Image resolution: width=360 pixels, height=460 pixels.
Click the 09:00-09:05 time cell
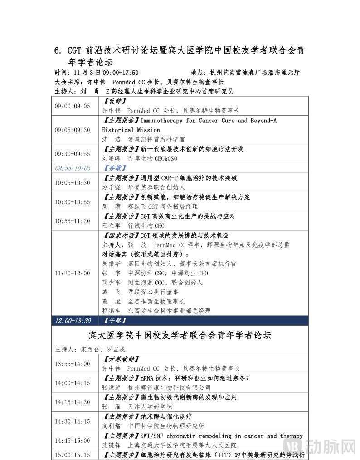click(x=72, y=106)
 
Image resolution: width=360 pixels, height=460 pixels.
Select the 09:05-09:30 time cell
click(x=72, y=130)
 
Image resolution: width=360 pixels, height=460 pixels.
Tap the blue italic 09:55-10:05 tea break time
click(x=73, y=168)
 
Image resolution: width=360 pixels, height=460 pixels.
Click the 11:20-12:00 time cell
click(x=72, y=274)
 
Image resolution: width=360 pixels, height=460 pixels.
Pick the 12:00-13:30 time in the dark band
click(x=73, y=321)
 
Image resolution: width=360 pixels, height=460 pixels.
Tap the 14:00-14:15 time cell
click(x=72, y=383)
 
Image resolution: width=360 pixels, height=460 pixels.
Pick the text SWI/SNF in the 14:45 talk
click(x=155, y=436)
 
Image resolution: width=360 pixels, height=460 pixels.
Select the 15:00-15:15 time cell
click(x=72, y=455)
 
